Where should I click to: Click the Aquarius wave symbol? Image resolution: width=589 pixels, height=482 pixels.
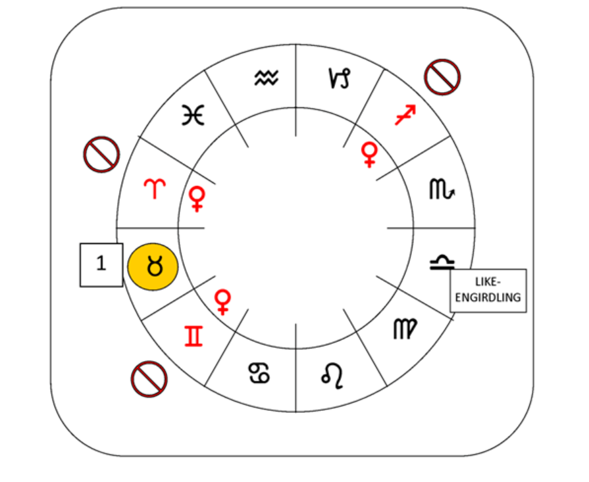coord(267,79)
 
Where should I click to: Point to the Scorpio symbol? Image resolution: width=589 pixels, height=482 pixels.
coord(442,190)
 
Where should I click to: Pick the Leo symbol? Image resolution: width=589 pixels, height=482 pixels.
coord(332,374)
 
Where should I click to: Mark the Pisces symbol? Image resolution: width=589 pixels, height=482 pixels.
coord(193,116)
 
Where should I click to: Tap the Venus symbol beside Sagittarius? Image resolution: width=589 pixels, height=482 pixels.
coord(369,155)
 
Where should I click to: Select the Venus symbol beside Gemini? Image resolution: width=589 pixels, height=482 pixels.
coord(223,301)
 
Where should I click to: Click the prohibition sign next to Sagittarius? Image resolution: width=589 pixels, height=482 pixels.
coord(442,77)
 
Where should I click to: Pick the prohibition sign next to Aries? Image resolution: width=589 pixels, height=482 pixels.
coord(101,155)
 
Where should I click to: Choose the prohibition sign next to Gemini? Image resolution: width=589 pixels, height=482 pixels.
coord(149,379)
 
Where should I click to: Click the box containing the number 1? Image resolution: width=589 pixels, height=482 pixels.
coord(101,264)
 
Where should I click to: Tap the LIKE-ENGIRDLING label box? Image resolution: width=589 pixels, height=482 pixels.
coord(488,290)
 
